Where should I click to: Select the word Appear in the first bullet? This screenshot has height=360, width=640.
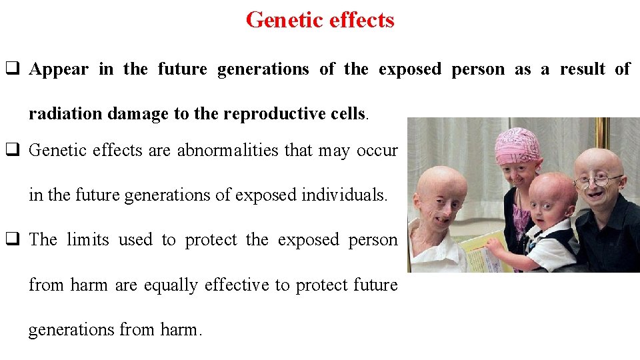59,69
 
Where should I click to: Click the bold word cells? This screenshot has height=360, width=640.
347,114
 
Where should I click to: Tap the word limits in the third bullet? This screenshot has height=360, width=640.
88,240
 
